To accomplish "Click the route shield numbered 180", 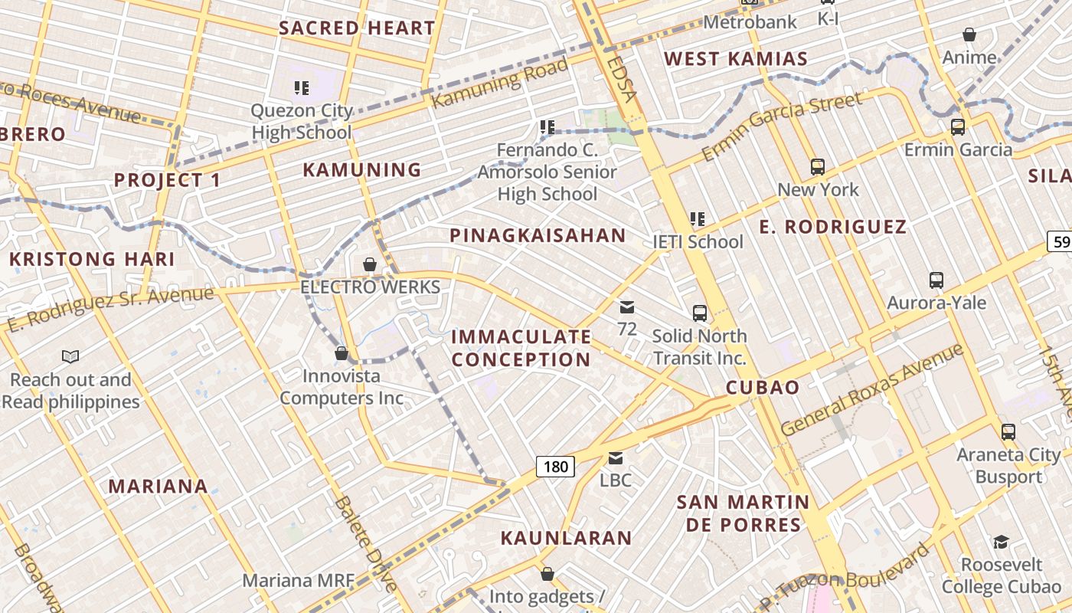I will (555, 466).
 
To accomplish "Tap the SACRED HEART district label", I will (357, 28).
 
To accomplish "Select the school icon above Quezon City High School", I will (302, 88).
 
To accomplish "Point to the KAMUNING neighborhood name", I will (362, 169).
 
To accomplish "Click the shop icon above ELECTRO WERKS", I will (370, 264).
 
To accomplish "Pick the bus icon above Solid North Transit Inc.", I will (700, 313).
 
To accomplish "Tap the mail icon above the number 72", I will (627, 307).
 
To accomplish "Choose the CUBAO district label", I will (763, 387).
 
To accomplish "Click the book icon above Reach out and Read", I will (70, 356).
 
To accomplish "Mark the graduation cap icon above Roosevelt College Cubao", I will (1001, 542).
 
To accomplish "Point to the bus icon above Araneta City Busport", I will (1008, 431).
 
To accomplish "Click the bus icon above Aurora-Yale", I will (936, 280).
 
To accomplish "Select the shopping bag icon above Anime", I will (969, 34).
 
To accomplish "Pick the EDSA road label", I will (621, 77).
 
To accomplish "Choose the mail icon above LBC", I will (616, 457).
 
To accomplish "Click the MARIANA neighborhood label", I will (158, 486).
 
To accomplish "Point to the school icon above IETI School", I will (698, 218).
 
